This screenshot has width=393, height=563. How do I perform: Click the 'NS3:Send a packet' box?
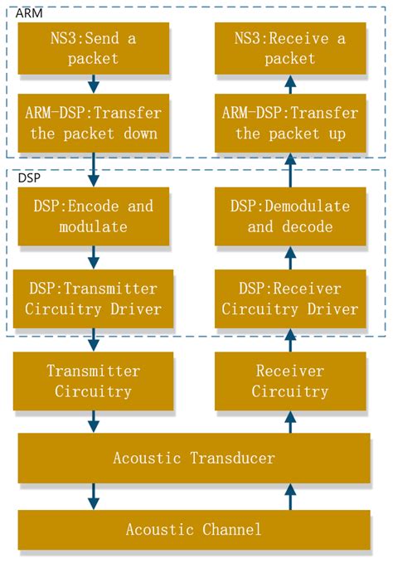[x=94, y=46]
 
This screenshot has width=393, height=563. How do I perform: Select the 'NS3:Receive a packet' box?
[x=289, y=46]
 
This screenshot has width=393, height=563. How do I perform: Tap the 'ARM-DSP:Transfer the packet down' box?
[x=94, y=123]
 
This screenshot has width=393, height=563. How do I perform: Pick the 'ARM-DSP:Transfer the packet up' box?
[x=289, y=123]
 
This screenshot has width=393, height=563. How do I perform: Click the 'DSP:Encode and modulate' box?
[x=94, y=216]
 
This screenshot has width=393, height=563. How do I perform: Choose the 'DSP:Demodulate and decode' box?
[x=289, y=216]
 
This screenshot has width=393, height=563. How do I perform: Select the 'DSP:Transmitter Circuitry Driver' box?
[x=94, y=298]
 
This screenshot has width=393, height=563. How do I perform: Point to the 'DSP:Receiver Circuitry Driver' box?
[x=289, y=298]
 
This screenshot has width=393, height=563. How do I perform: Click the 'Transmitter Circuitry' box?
[x=94, y=381]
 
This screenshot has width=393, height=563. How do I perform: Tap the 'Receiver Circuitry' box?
[x=289, y=381]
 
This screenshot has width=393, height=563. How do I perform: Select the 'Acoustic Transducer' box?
[x=194, y=458]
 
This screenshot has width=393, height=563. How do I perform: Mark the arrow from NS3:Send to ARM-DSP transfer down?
[x=94, y=84]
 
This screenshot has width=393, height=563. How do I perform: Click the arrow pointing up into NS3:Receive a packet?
[x=289, y=84]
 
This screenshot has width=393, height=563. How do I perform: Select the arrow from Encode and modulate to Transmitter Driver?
[x=94, y=257]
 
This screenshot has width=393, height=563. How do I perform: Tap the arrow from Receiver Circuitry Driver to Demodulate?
[x=289, y=257]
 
